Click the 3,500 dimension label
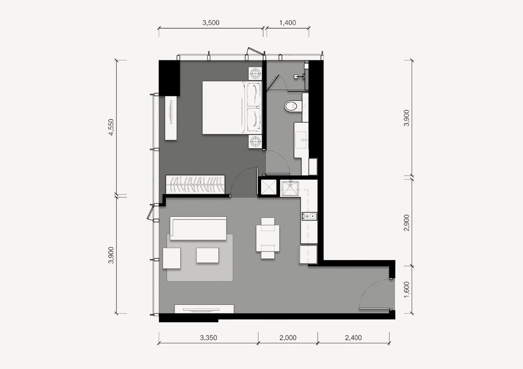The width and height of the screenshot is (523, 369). coord(211,23)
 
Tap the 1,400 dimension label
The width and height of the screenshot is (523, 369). coord(287,23)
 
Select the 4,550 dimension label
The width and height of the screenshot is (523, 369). coord(111,127)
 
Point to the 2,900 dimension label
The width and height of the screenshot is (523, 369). coord(407,223)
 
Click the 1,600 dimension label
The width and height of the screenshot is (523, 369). coord(407,289)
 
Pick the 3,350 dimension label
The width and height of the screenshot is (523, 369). coord(209,338)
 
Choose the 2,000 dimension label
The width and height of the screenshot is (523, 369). coord(288,338)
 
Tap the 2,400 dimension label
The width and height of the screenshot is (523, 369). coord(353,338)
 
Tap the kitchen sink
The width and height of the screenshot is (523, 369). coord(290,188)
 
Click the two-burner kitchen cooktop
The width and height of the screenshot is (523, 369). coord(309,216)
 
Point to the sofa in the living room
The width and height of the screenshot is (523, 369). coord(198,228)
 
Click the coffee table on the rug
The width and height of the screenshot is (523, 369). coord(207,255)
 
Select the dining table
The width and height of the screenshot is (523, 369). coord(268,238)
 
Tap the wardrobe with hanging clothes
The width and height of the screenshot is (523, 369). coord(195,184)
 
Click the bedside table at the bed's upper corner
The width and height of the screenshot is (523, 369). coord(255,74)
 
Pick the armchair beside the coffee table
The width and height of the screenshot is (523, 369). coord(172,258)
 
